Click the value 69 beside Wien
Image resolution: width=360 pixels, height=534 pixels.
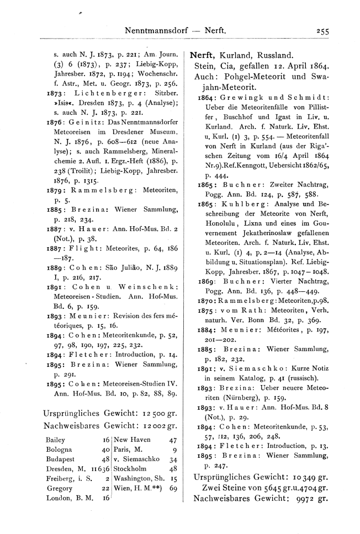click(x=173, y=488)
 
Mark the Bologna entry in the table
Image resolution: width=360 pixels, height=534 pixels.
click(x=56, y=450)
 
